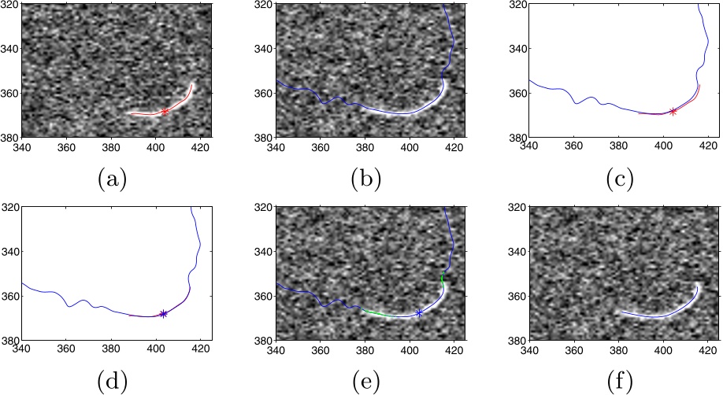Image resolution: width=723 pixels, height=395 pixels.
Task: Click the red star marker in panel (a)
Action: click(x=165, y=112)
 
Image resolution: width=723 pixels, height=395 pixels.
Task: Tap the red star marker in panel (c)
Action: click(x=673, y=112)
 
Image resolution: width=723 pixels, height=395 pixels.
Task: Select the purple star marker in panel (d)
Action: click(x=163, y=313)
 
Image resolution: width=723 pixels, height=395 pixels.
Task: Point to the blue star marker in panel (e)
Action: click(x=419, y=313)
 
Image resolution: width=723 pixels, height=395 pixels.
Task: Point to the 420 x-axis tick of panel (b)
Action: click(x=455, y=146)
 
